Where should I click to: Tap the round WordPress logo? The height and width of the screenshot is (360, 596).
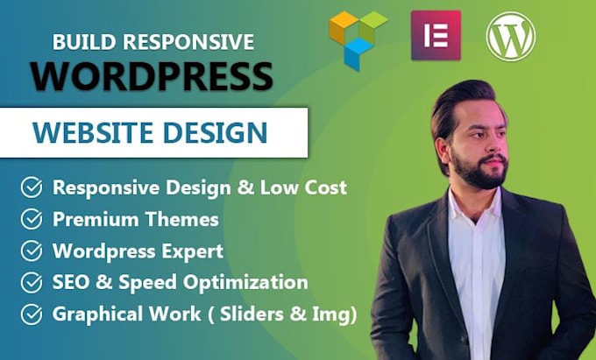coord(511,36)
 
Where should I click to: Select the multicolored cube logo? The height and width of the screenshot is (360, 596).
coord(358,38)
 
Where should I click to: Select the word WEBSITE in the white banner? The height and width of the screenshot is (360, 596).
coord(94,133)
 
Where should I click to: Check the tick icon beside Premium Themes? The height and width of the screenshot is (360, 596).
coord(32,219)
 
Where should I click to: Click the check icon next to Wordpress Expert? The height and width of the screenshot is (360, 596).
coord(32,251)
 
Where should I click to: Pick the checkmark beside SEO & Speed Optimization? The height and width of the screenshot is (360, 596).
coord(32,282)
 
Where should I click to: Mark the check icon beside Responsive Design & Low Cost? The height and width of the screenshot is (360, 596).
coord(32,187)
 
